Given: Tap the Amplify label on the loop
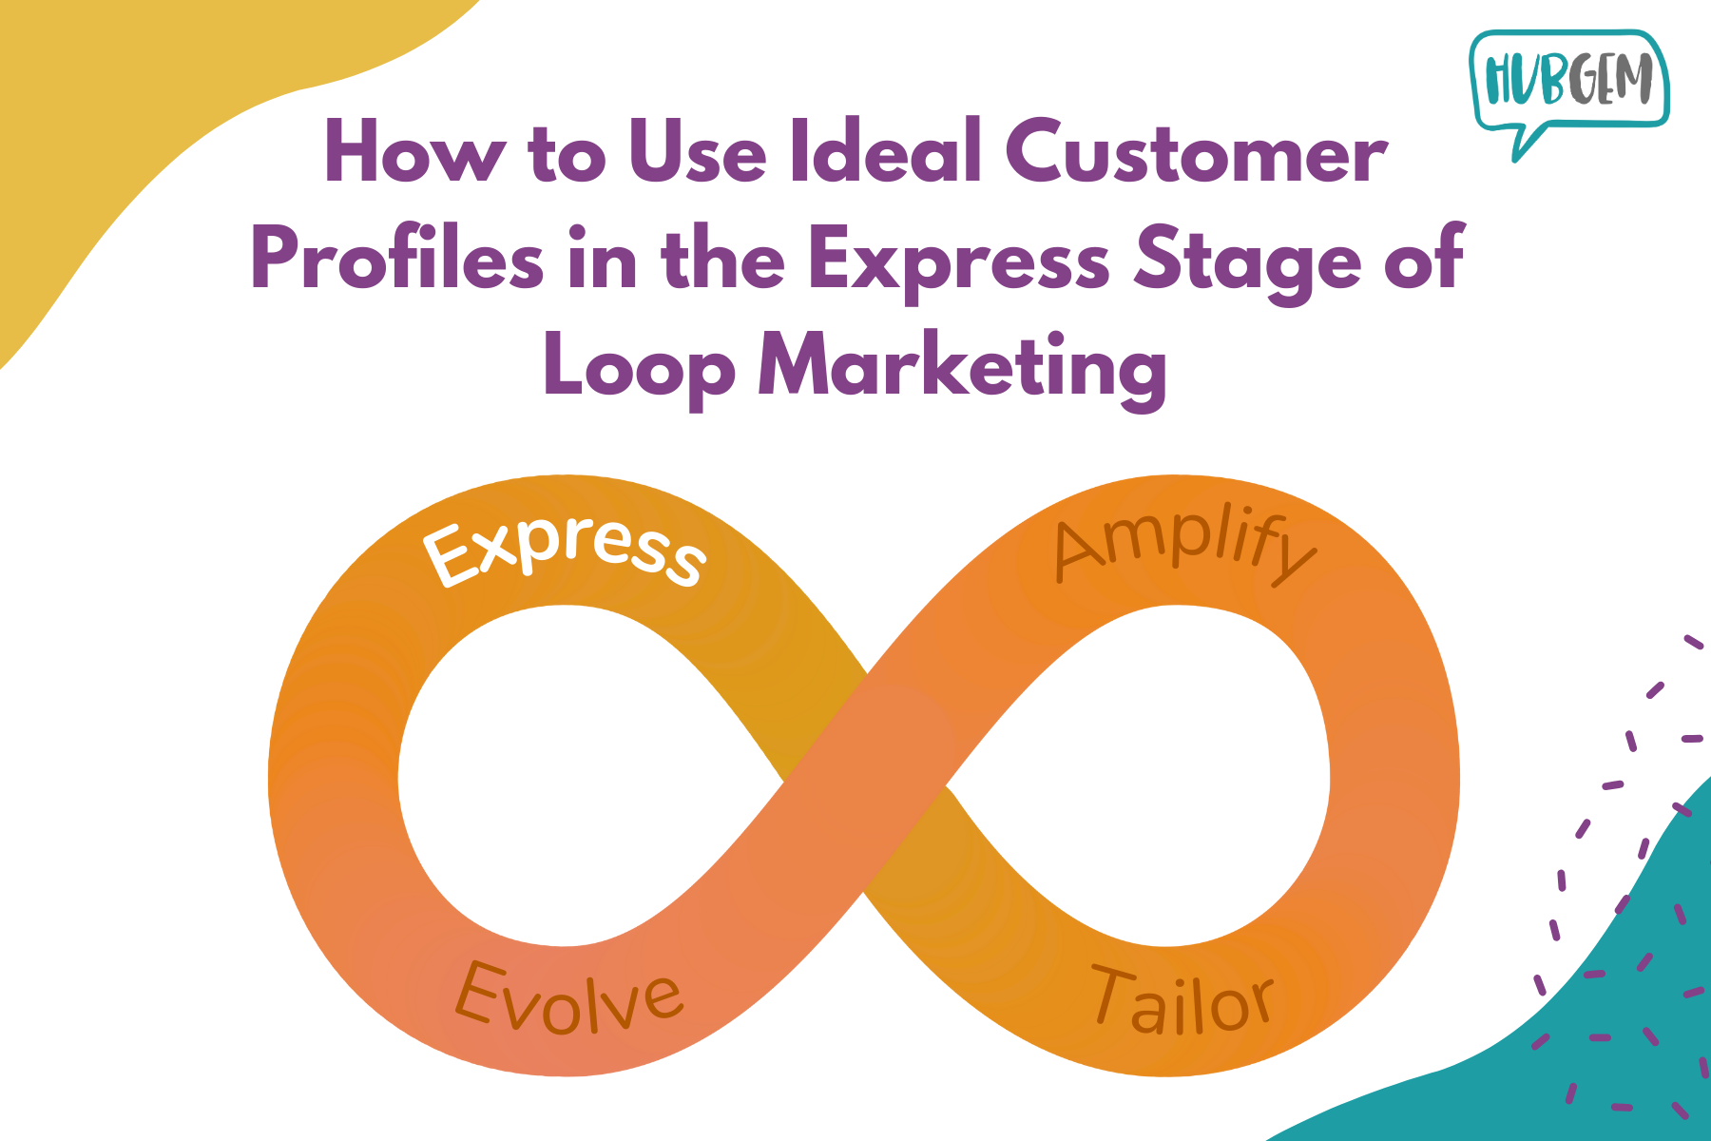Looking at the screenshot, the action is pos(1184,549).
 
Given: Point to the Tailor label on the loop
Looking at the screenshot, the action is pos(1182,1000).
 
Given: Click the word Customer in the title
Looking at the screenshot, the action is pos(1196,152).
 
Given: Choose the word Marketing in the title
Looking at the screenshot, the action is pos(962,369).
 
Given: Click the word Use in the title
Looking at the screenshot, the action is pos(698,152).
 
